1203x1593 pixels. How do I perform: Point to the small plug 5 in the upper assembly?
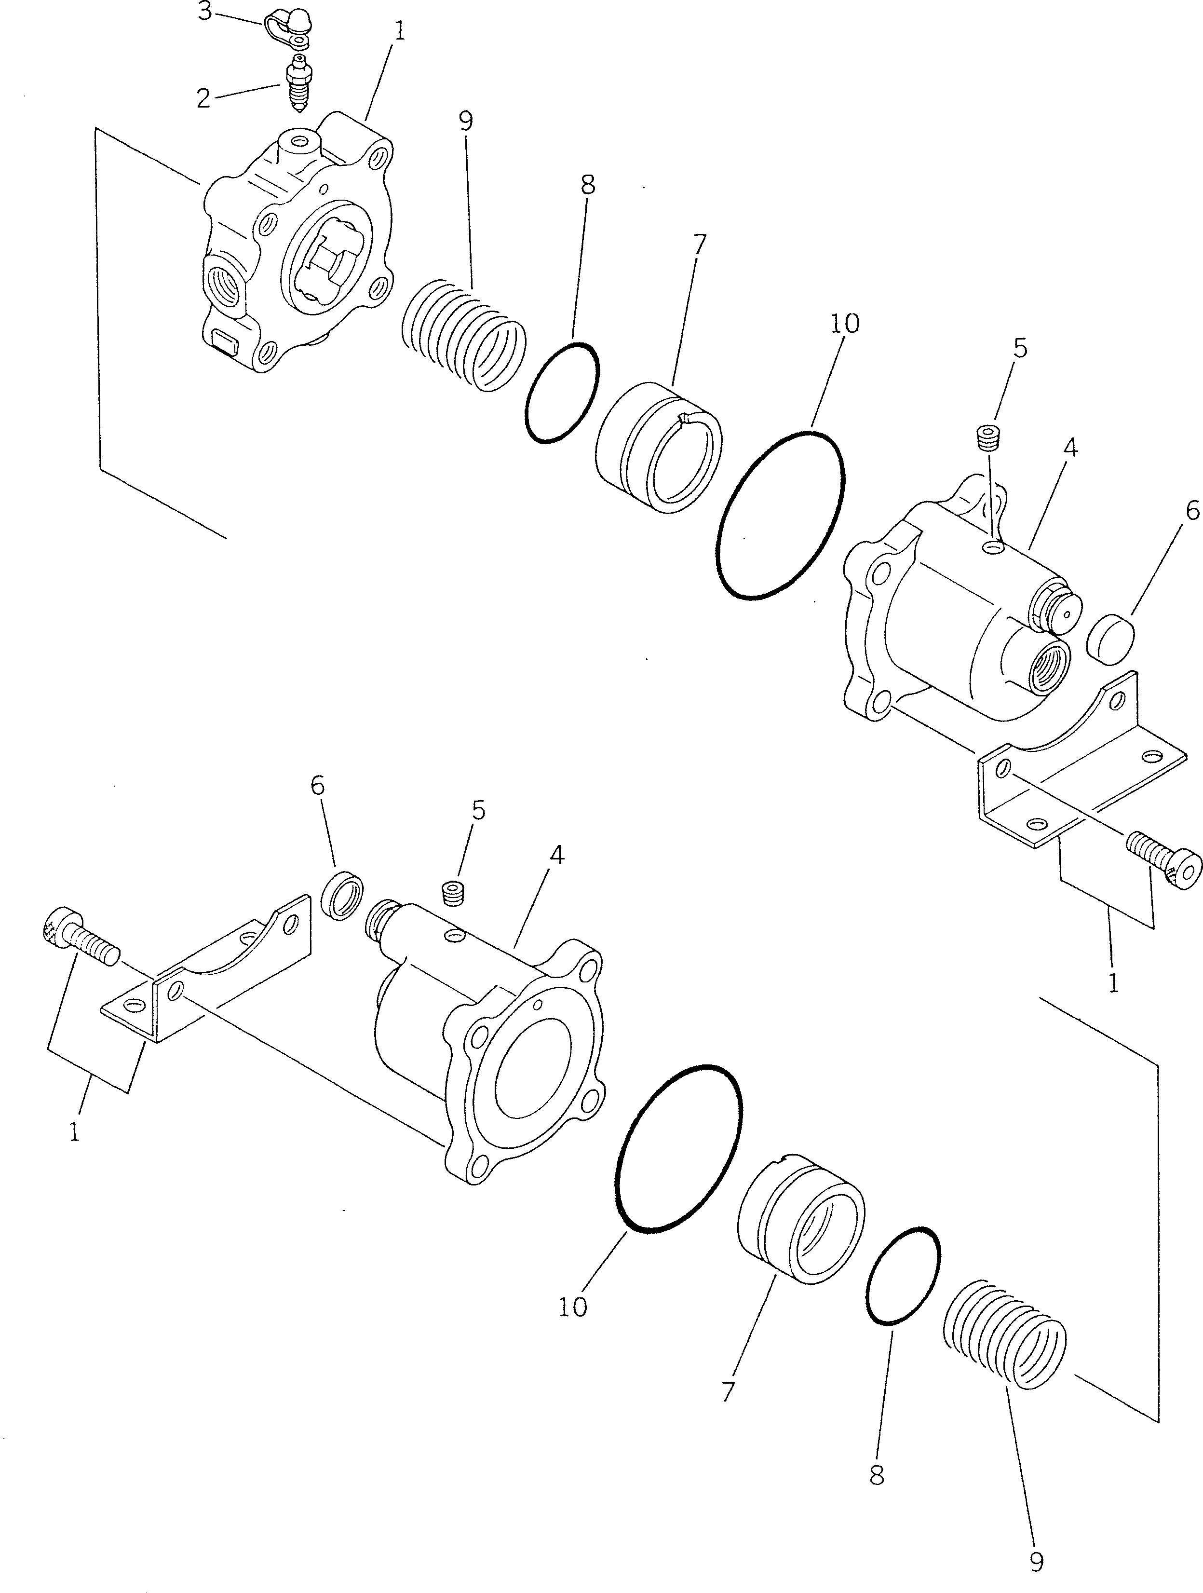988,437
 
